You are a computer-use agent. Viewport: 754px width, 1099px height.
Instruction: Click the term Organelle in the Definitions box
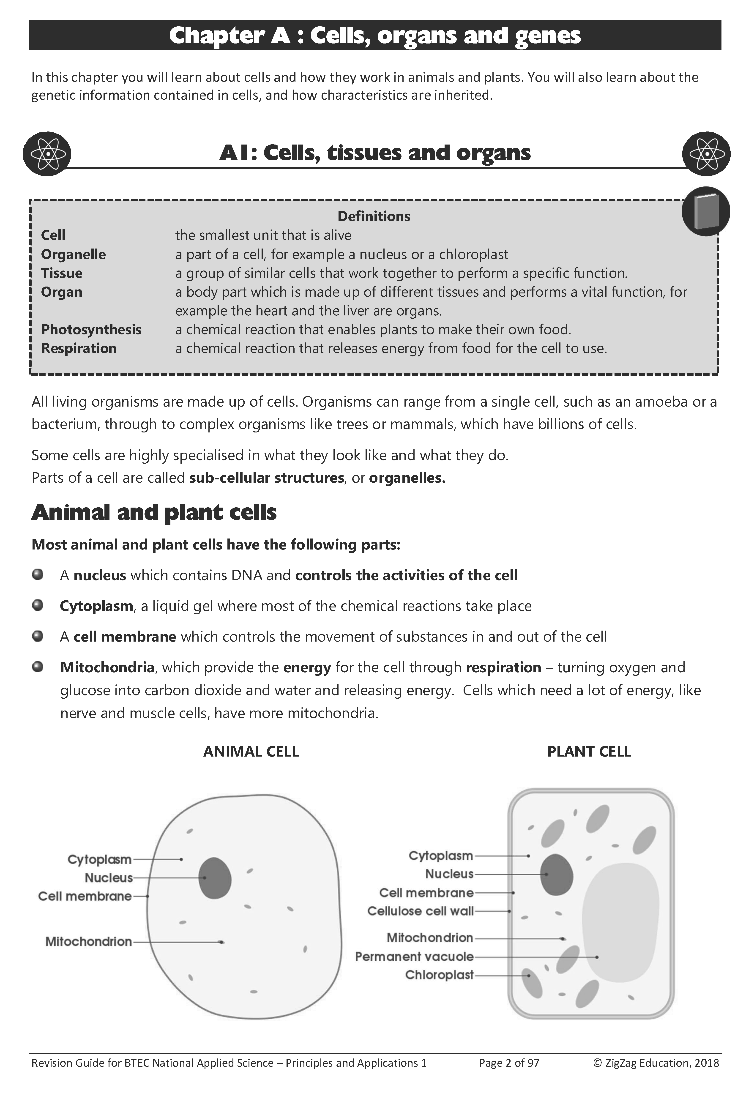pos(73,254)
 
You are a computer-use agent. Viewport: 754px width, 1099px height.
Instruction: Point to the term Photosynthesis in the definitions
pos(91,330)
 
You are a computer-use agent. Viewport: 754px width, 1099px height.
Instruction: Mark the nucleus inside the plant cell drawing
pos(557,875)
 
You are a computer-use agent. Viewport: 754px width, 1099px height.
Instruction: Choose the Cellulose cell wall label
pos(420,911)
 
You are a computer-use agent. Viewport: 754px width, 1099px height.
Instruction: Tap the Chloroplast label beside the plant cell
pos(439,975)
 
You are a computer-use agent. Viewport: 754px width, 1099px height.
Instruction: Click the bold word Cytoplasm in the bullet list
pos(96,606)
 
